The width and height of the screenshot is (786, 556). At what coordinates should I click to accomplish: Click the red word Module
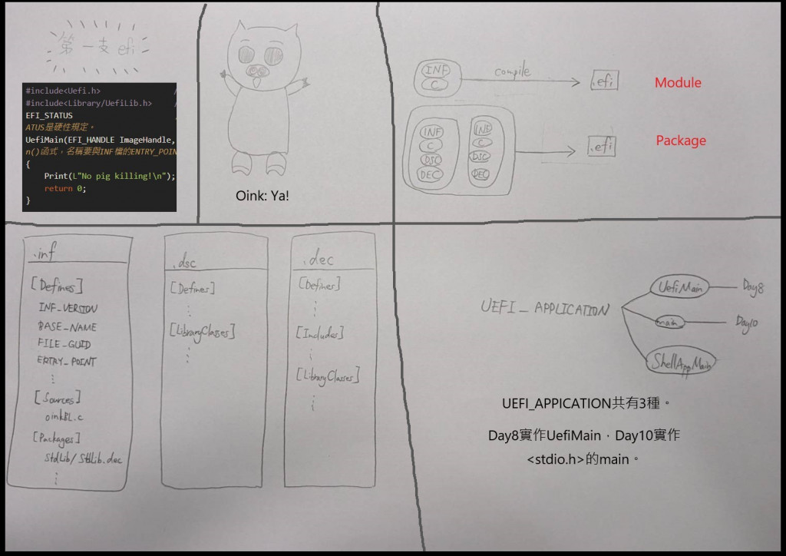[x=678, y=82]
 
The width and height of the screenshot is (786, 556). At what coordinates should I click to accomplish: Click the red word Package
[x=681, y=141]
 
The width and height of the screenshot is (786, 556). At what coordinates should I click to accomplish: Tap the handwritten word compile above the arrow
[x=513, y=72]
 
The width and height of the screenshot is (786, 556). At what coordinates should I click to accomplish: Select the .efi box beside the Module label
[x=604, y=80]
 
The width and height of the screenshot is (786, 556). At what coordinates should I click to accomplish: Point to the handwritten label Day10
[x=746, y=323]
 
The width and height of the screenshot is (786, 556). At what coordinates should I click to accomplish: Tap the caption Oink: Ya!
[x=263, y=197]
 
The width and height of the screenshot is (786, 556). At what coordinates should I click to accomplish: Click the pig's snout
[x=258, y=71]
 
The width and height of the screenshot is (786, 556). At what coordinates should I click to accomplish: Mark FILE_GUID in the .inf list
[x=64, y=343]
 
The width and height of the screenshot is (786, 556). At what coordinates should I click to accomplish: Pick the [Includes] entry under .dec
[x=319, y=333]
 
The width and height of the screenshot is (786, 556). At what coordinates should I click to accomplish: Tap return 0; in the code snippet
[x=64, y=188]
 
